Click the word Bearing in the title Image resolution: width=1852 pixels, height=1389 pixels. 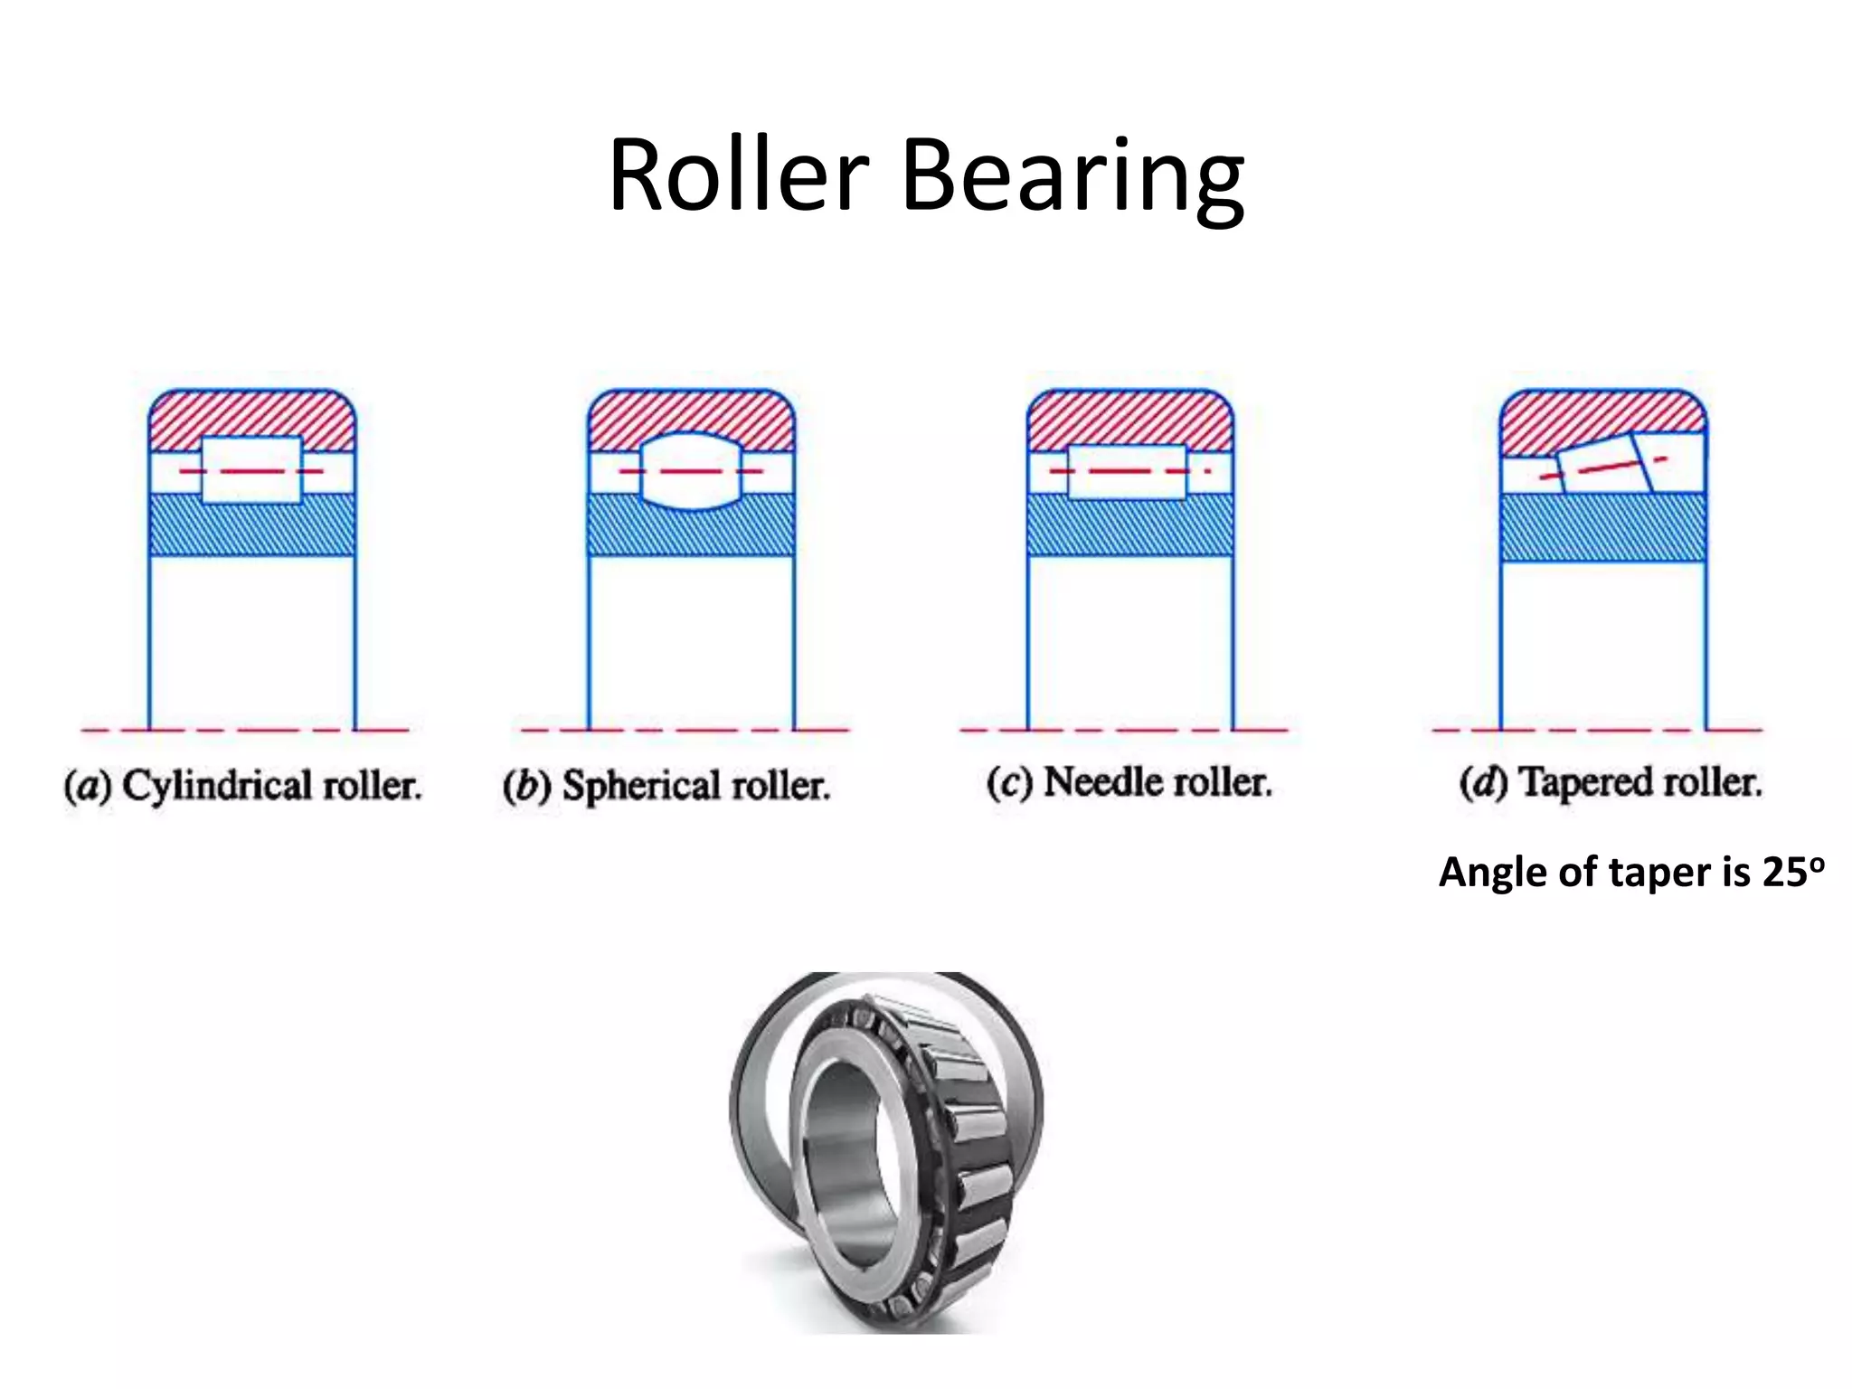(x=1072, y=176)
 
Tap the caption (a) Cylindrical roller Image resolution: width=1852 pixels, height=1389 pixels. (x=242, y=785)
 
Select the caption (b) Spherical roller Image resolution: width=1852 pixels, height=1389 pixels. (x=666, y=785)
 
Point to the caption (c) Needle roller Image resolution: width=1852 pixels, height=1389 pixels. (x=1129, y=782)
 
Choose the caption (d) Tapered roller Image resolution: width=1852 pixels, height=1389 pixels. (x=1611, y=782)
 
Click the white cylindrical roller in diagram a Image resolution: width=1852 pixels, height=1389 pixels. (x=251, y=469)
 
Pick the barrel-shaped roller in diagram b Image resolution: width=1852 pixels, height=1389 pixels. (x=691, y=470)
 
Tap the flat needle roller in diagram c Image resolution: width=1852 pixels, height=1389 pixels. (x=1127, y=471)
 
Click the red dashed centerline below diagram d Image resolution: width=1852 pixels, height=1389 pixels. (x=1598, y=730)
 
